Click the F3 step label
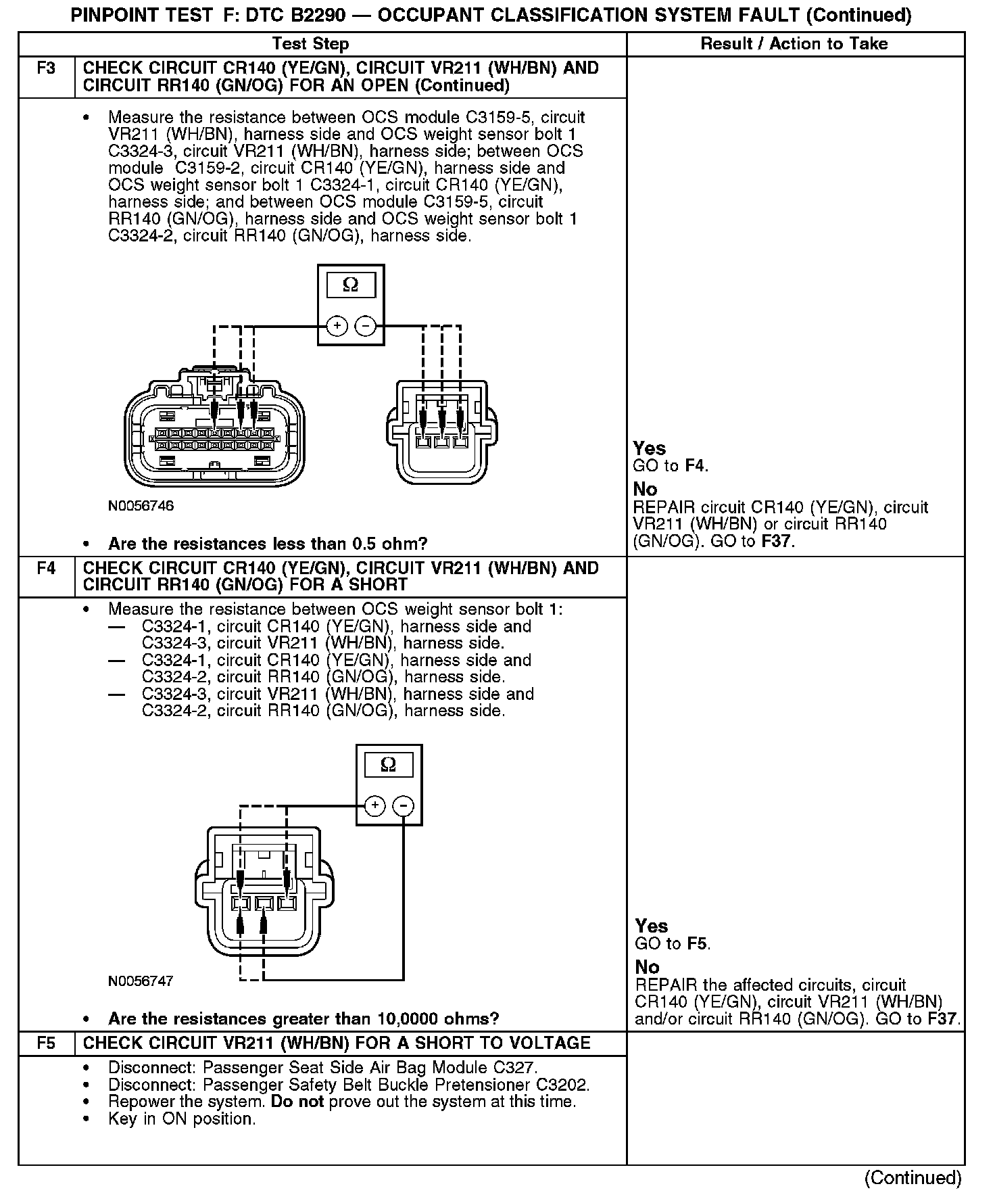[46, 69]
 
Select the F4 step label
[46, 569]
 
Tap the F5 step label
[46, 1043]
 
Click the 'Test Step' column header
[310, 45]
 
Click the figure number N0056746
[141, 506]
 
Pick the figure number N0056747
[141, 981]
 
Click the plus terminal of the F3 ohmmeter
[337, 327]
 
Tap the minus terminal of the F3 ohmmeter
[366, 327]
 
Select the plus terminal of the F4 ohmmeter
[374, 806]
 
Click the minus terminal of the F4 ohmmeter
[404, 806]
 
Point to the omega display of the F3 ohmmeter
[350, 285]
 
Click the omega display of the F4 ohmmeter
[389, 765]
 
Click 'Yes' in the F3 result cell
[650, 448]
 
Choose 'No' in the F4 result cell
[647, 967]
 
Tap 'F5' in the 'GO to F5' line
[698, 943]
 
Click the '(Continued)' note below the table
[913, 1177]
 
